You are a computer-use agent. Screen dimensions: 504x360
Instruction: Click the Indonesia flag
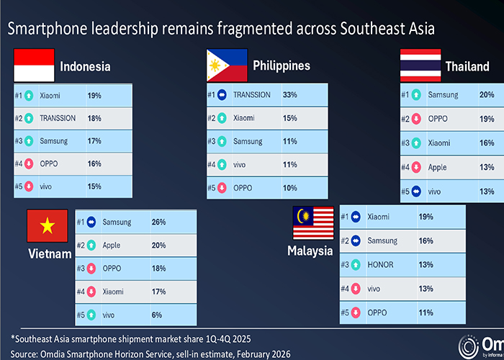[x=34, y=66]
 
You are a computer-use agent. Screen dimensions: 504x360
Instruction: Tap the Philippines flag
[x=228, y=66]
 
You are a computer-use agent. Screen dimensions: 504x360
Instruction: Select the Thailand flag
[x=420, y=66]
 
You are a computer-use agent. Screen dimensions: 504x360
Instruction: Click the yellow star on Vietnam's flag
[x=48, y=225]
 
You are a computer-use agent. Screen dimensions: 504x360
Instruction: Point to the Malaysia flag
[x=313, y=222]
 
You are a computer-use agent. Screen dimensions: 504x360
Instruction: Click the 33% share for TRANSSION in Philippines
[x=290, y=95]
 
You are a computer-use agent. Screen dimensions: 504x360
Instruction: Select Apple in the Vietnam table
[x=111, y=246]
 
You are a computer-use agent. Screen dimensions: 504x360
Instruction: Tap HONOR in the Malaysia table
[x=380, y=265]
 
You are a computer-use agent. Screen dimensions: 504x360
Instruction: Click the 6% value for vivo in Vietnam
[x=157, y=315]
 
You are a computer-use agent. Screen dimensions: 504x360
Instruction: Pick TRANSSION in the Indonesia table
[x=58, y=118]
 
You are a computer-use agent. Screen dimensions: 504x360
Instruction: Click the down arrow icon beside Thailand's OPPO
[x=416, y=119]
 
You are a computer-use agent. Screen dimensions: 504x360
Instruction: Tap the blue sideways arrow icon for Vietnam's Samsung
[x=91, y=222]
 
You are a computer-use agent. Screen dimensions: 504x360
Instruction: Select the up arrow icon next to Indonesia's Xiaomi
[x=29, y=96]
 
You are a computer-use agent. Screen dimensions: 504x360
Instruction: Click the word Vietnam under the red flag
[x=50, y=254]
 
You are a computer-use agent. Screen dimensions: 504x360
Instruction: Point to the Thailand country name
[x=467, y=66]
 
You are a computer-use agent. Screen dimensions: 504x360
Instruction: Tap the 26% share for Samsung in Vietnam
[x=159, y=222]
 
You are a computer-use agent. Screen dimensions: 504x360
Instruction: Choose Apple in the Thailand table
[x=437, y=168]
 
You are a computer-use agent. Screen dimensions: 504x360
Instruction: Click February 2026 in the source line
[x=264, y=354]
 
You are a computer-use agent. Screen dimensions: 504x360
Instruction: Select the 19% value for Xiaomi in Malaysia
[x=426, y=217]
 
